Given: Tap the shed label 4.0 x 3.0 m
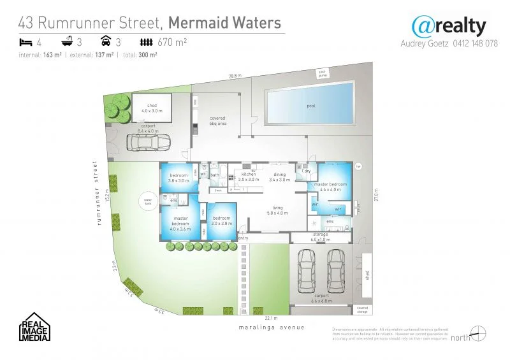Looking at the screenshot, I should click(152, 108).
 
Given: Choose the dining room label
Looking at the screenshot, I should click(279, 176).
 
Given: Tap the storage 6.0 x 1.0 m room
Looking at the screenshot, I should click(320, 236).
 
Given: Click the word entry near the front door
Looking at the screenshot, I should click(243, 238).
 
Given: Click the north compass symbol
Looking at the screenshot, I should click(478, 333).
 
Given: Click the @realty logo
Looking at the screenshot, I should click(448, 27).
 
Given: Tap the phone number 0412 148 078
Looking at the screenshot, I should click(471, 44).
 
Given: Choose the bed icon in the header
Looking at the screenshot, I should click(25, 42).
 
